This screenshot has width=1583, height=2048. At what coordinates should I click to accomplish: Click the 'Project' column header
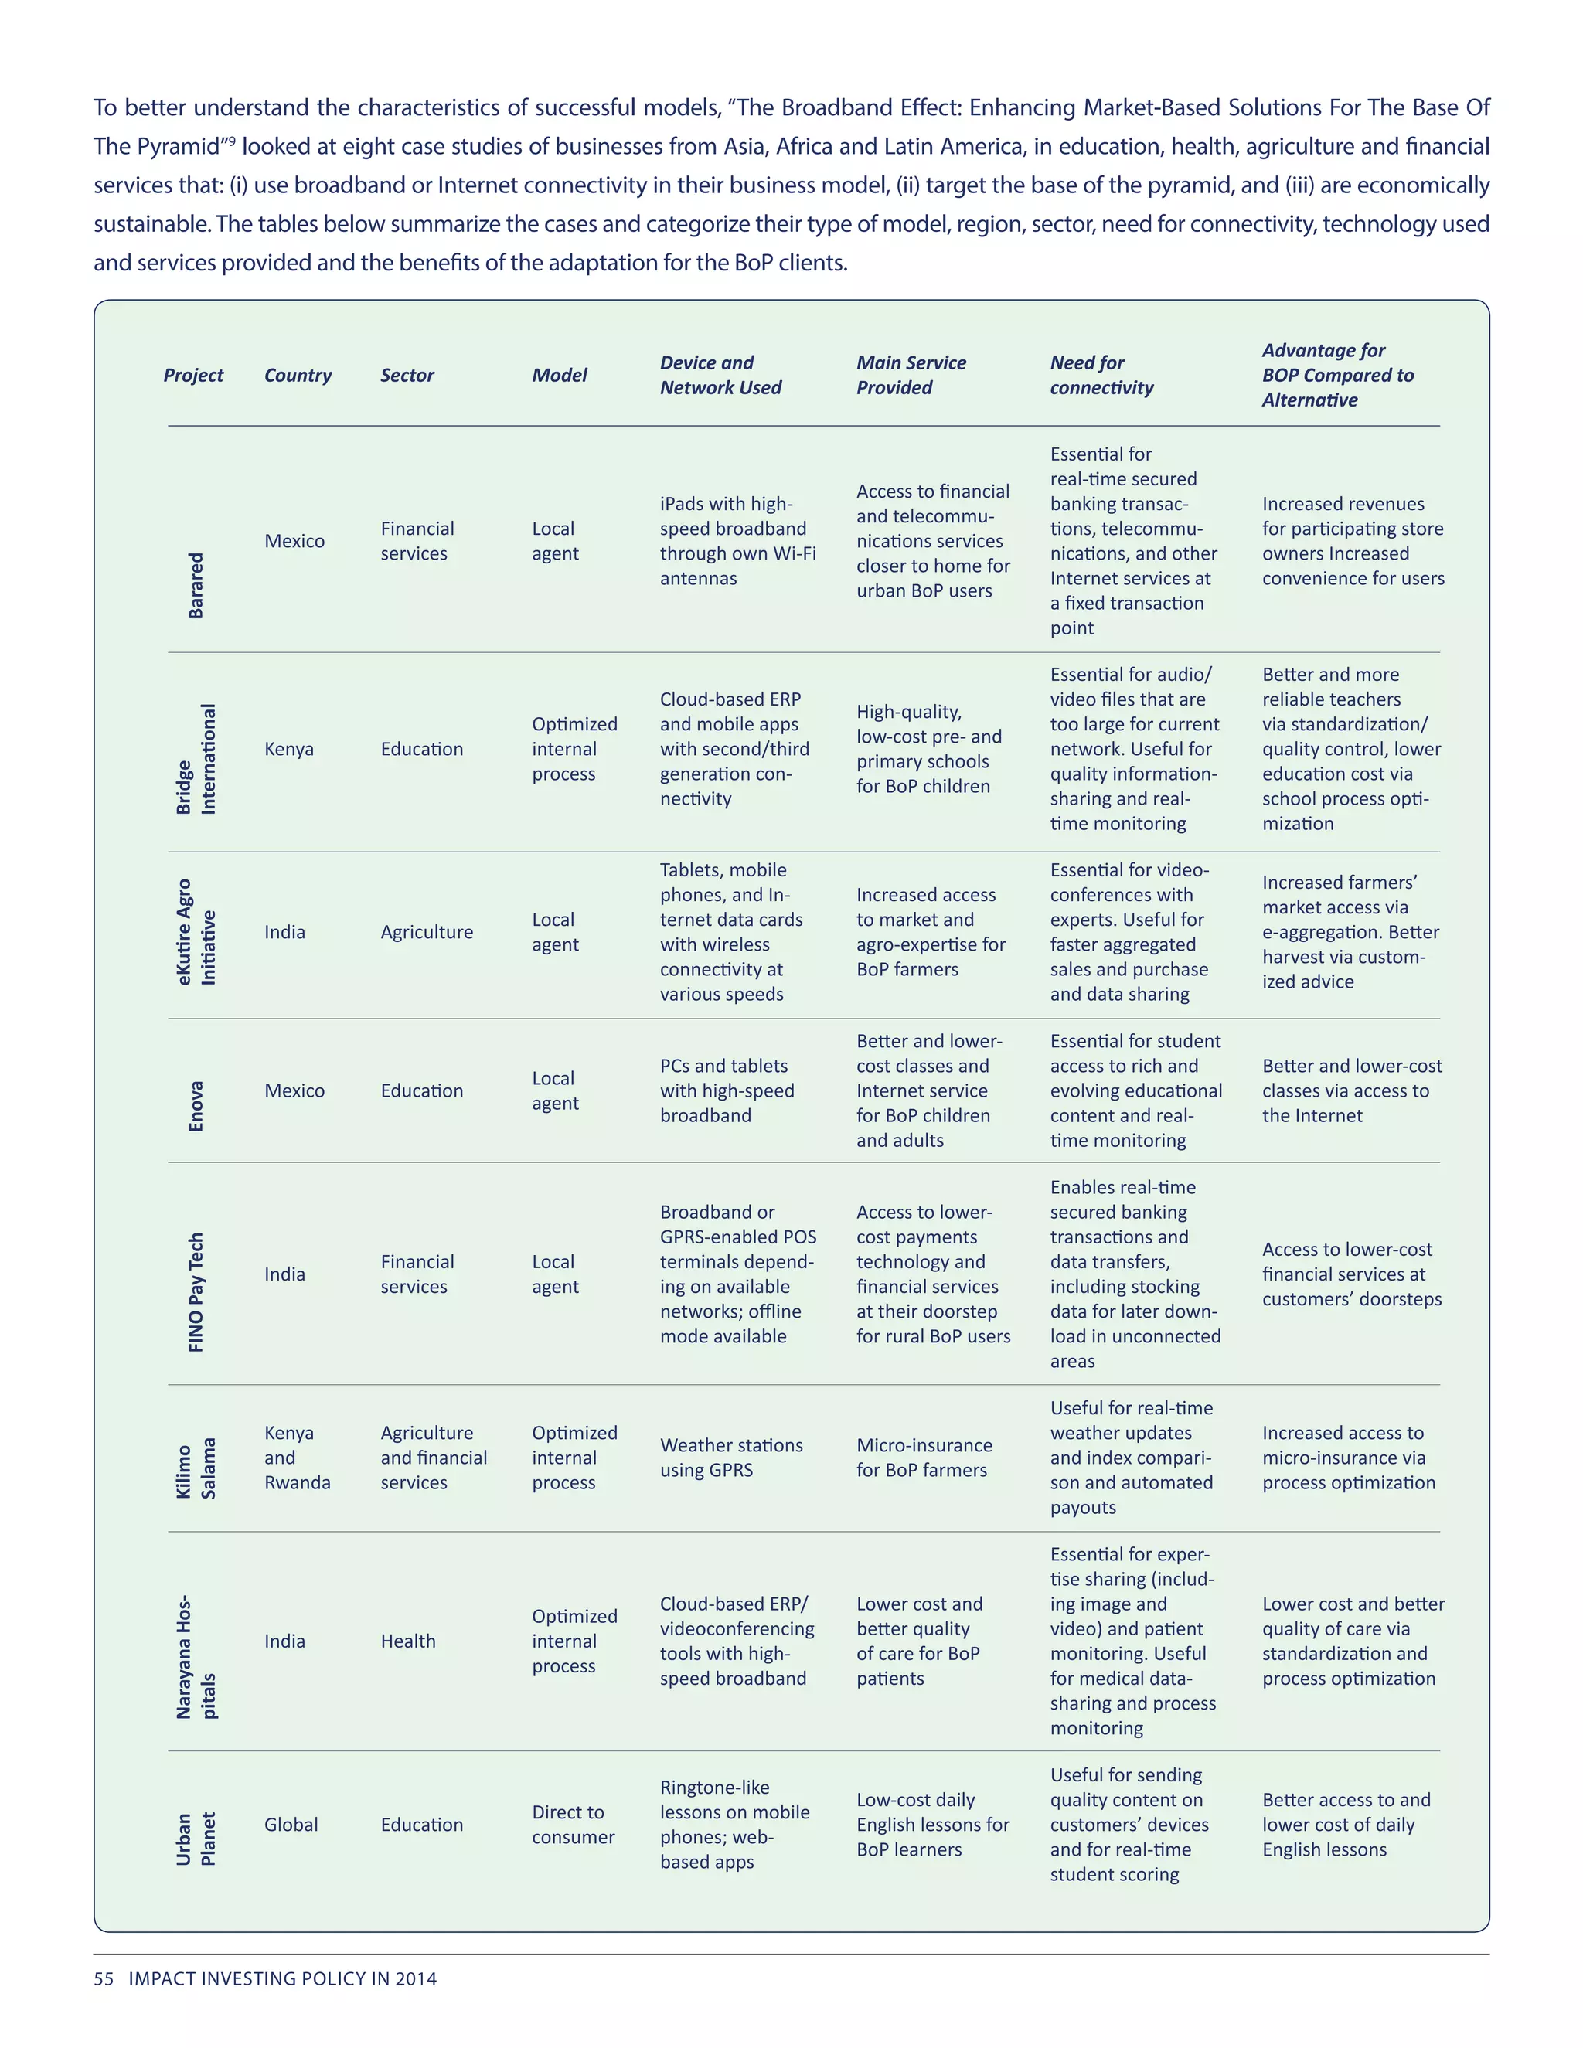[x=193, y=375]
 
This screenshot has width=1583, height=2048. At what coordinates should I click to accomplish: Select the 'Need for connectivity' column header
[x=1102, y=375]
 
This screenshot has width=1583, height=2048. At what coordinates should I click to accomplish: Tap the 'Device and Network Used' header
[x=720, y=375]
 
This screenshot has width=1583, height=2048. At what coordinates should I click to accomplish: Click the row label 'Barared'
[x=196, y=585]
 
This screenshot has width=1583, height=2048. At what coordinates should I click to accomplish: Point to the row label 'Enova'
[x=196, y=1107]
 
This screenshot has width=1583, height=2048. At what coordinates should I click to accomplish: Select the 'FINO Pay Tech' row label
[x=196, y=1292]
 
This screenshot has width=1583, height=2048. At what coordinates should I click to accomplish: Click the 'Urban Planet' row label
[x=196, y=1838]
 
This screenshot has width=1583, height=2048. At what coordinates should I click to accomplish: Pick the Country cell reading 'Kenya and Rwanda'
[x=298, y=1458]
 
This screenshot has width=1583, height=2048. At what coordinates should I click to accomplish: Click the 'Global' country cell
[x=291, y=1824]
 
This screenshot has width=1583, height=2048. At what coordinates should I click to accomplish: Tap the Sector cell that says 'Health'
[x=408, y=1641]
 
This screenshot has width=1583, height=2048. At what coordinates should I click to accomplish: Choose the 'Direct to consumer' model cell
[x=573, y=1824]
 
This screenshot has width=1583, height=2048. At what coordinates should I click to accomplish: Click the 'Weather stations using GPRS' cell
[x=731, y=1458]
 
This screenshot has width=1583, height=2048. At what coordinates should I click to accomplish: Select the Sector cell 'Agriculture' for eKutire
[x=427, y=932]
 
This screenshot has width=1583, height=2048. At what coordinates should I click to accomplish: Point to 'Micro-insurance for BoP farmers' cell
[x=924, y=1458]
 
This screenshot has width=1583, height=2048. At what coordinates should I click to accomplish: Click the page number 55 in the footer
[x=103, y=1978]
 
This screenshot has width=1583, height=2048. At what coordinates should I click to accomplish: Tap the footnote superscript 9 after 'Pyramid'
[x=232, y=141]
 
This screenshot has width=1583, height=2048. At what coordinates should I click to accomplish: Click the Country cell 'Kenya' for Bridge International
[x=289, y=749]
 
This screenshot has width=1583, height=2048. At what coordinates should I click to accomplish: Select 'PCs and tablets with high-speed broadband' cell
[x=727, y=1090]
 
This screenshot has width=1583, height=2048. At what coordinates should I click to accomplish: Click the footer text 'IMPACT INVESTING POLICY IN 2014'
[x=282, y=1978]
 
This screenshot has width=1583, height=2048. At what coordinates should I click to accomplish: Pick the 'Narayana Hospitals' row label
[x=196, y=1656]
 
